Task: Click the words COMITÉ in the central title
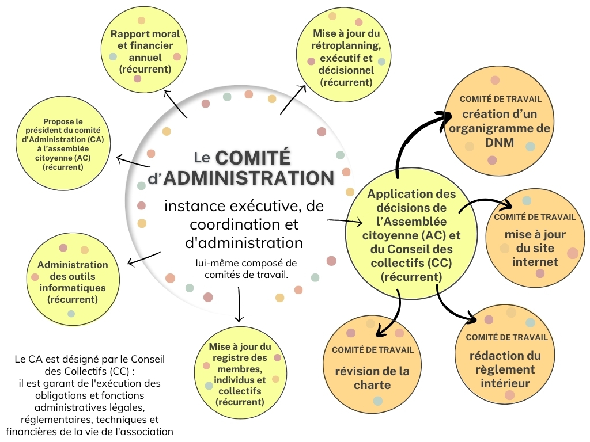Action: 252,158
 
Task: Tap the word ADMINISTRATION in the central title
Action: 248,178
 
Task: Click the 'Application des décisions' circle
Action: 411,235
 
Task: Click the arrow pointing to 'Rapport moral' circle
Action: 175,103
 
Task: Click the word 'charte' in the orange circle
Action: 372,385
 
